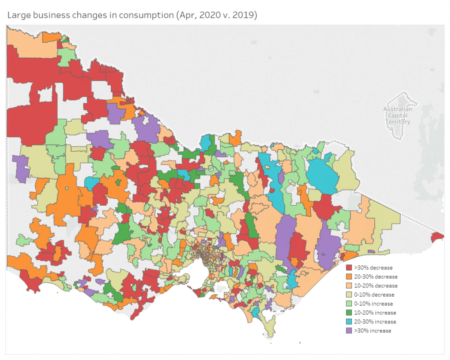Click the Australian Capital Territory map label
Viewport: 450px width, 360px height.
(397, 116)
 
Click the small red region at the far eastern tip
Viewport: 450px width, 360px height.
(438, 237)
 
